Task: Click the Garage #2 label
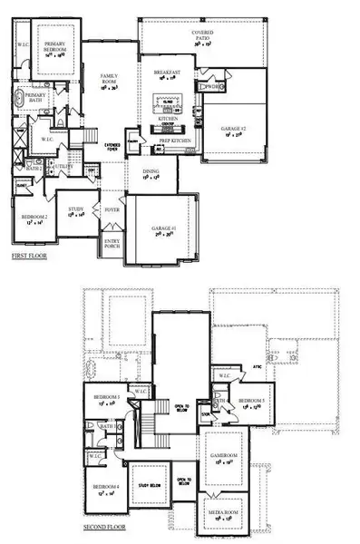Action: (x=232, y=130)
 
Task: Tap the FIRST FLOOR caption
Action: (x=30, y=257)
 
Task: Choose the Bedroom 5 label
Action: (x=253, y=401)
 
